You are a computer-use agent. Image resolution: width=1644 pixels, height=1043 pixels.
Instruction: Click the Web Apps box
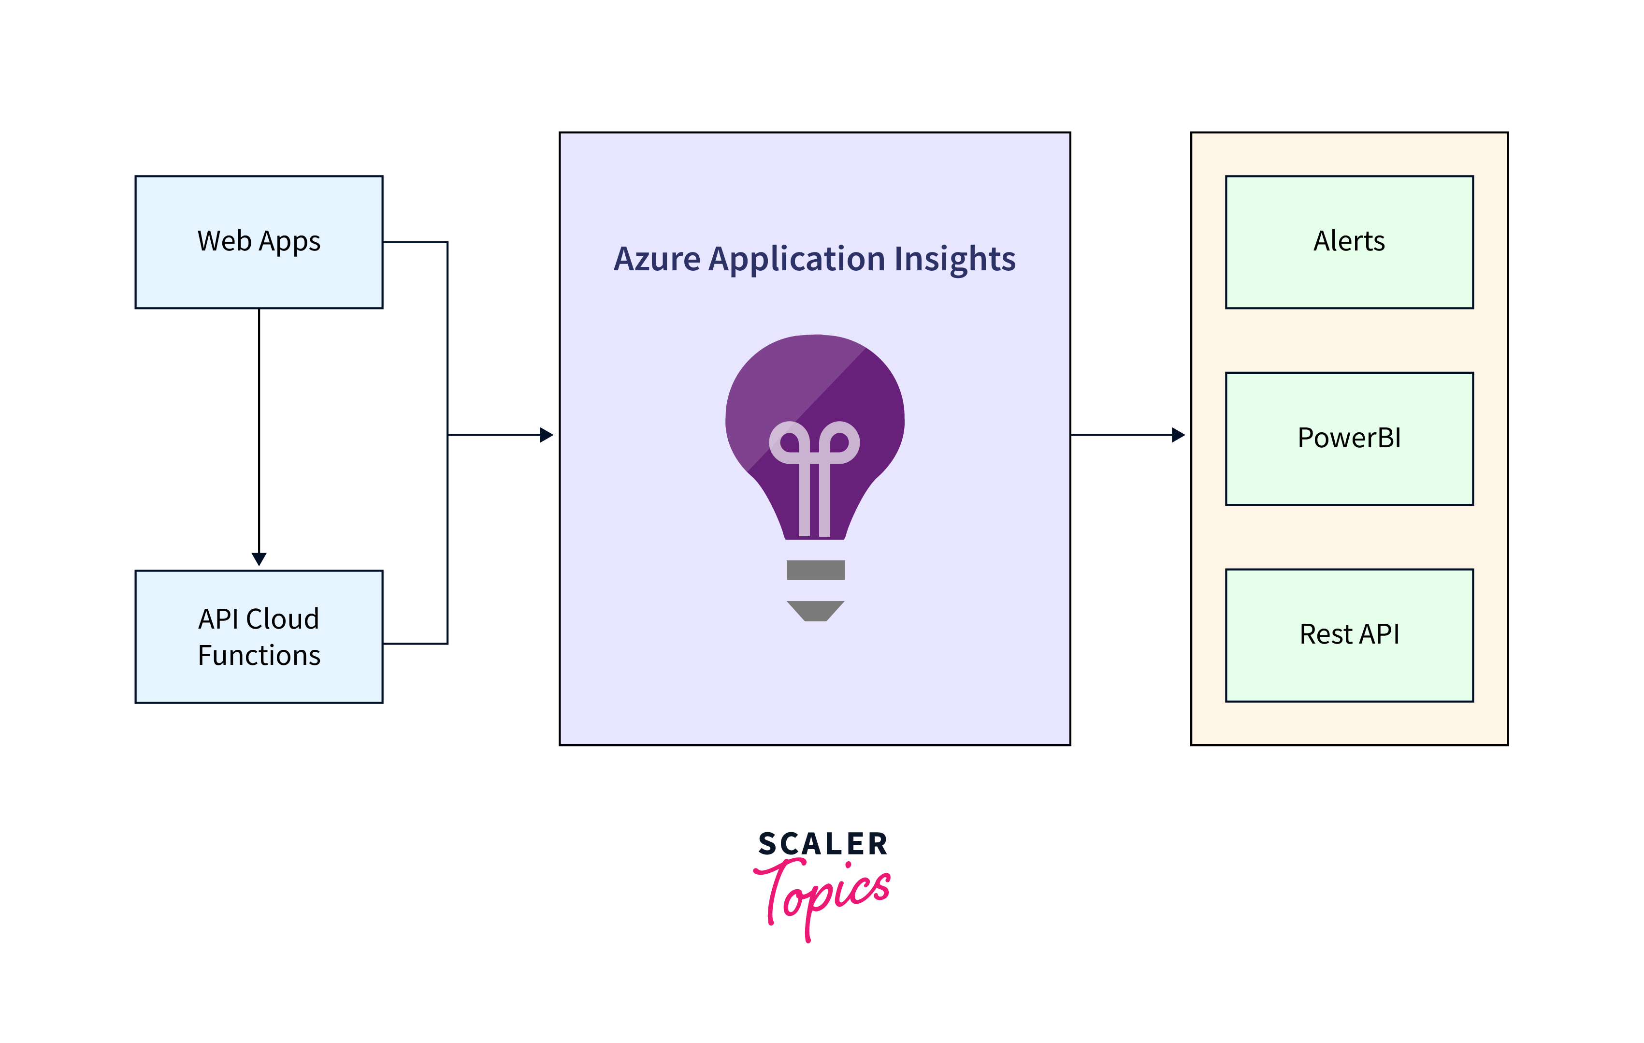click(259, 242)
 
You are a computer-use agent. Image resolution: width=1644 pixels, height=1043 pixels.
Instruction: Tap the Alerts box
click(1349, 242)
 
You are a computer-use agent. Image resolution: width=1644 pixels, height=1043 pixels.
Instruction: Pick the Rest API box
click(1349, 634)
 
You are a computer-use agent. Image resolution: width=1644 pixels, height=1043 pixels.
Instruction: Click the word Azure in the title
click(657, 260)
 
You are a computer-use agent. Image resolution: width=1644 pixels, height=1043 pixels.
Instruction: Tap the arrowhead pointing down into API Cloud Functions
click(259, 558)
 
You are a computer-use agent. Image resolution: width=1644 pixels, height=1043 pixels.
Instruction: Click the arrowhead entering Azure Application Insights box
click(547, 434)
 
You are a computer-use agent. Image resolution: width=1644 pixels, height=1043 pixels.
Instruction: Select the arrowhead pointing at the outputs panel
click(1178, 434)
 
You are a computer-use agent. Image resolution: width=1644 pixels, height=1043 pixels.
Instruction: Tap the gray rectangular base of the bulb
click(815, 570)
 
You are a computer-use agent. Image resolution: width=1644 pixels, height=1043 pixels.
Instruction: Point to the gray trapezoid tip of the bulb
click(815, 611)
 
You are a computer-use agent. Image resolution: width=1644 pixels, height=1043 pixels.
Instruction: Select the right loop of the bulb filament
click(840, 442)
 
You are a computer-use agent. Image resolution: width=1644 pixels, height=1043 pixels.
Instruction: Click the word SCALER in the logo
click(822, 844)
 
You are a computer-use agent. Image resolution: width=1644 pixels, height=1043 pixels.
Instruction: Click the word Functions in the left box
click(259, 656)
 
